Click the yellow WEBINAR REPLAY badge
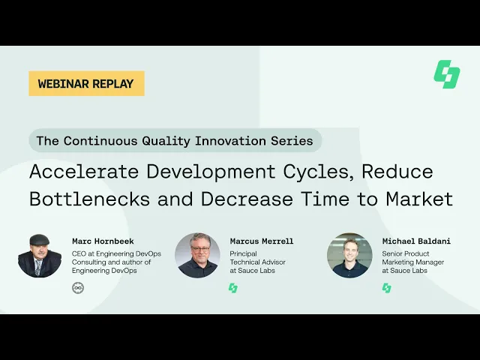87,83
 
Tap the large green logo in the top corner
447,74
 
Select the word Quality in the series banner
166,141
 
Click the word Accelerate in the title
84,172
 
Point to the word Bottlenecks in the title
90,199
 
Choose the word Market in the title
419,199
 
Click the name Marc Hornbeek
103,241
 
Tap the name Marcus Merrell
262,241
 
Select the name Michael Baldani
416,241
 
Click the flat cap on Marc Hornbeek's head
39,240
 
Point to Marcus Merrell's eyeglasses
200,248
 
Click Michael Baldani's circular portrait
349,255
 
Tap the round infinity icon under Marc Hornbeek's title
78,288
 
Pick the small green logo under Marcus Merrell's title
233,288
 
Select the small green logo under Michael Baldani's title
387,288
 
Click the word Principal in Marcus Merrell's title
243,253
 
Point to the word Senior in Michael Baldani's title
391,253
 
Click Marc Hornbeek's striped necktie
37,267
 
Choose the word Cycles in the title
316,172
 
